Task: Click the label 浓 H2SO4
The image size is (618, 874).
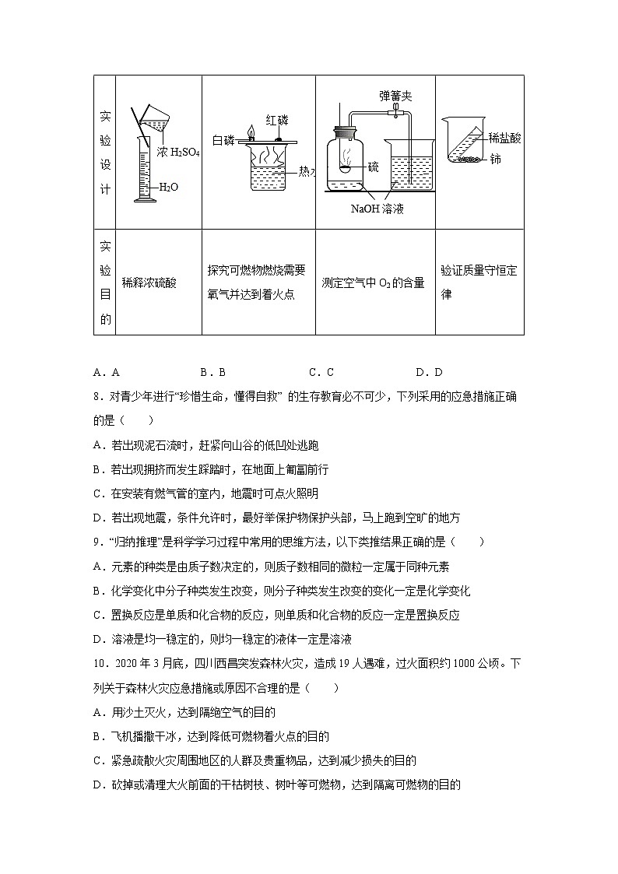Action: pyautogui.click(x=178, y=153)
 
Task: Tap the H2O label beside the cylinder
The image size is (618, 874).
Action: pyautogui.click(x=168, y=188)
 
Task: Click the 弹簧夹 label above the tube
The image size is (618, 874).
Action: pyautogui.click(x=395, y=96)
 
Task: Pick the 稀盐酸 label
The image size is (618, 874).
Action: pyautogui.click(x=504, y=138)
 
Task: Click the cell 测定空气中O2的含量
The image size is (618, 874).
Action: pyautogui.click(x=373, y=283)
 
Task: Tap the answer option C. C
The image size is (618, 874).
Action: pyautogui.click(x=321, y=373)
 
